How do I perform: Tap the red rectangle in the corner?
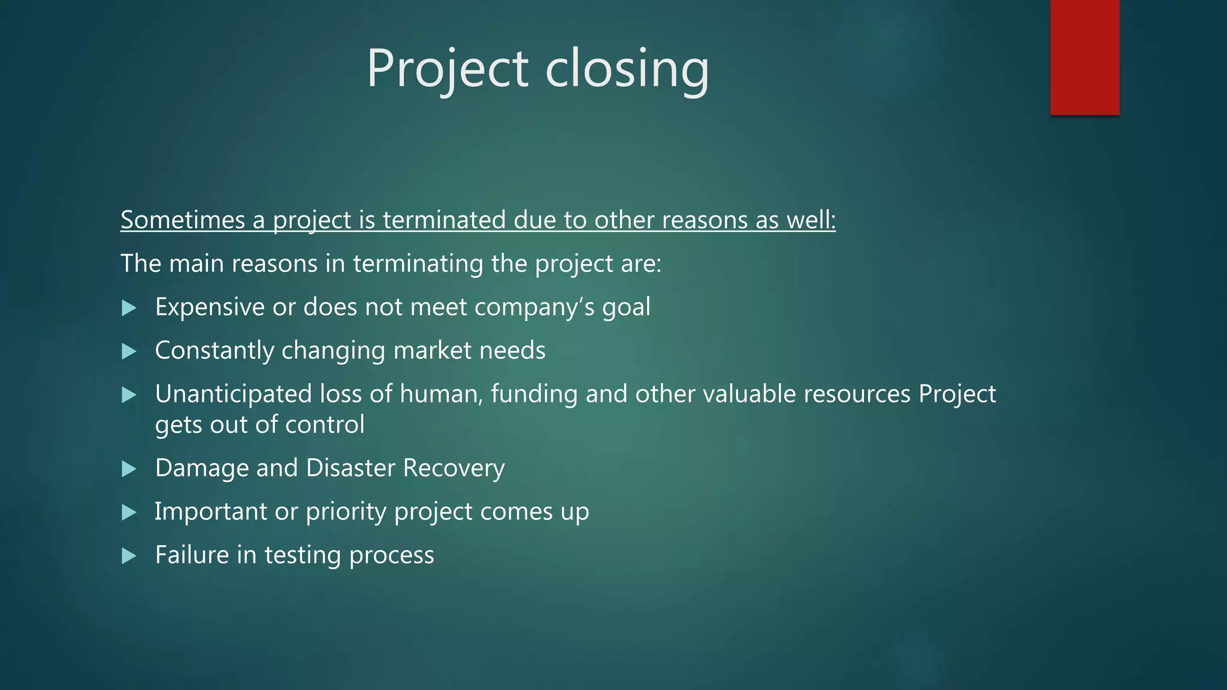(1084, 57)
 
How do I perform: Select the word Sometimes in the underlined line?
(182, 220)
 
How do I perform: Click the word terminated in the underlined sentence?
(444, 220)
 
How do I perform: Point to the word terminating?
(418, 264)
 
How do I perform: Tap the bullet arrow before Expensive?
(129, 308)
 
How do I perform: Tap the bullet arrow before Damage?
(129, 469)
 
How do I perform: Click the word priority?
(346, 512)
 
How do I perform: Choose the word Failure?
(192, 555)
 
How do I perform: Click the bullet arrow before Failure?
(129, 556)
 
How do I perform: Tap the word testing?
(303, 555)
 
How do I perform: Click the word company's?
(534, 307)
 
